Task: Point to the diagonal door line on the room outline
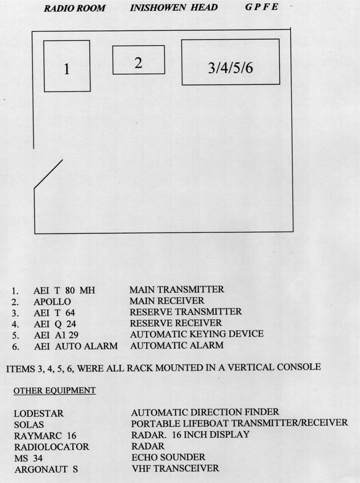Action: (x=48, y=173)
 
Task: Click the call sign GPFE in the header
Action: (x=262, y=7)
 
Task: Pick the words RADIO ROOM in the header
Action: (x=75, y=8)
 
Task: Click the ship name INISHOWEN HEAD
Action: (x=174, y=7)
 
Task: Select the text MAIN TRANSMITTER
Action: (x=177, y=290)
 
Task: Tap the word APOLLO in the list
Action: (x=52, y=302)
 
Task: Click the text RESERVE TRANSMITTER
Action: (x=185, y=312)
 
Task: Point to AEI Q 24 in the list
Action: (x=55, y=324)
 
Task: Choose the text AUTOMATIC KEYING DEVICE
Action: (x=197, y=334)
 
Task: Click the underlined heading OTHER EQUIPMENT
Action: (x=55, y=390)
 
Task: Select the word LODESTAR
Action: (x=39, y=413)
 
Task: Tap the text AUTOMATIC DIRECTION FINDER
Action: (x=205, y=412)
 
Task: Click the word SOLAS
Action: (x=28, y=425)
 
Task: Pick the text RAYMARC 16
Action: (x=45, y=436)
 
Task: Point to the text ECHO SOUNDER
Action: (x=168, y=457)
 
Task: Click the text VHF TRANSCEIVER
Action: (x=175, y=469)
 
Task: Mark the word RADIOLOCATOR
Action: (x=52, y=447)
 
